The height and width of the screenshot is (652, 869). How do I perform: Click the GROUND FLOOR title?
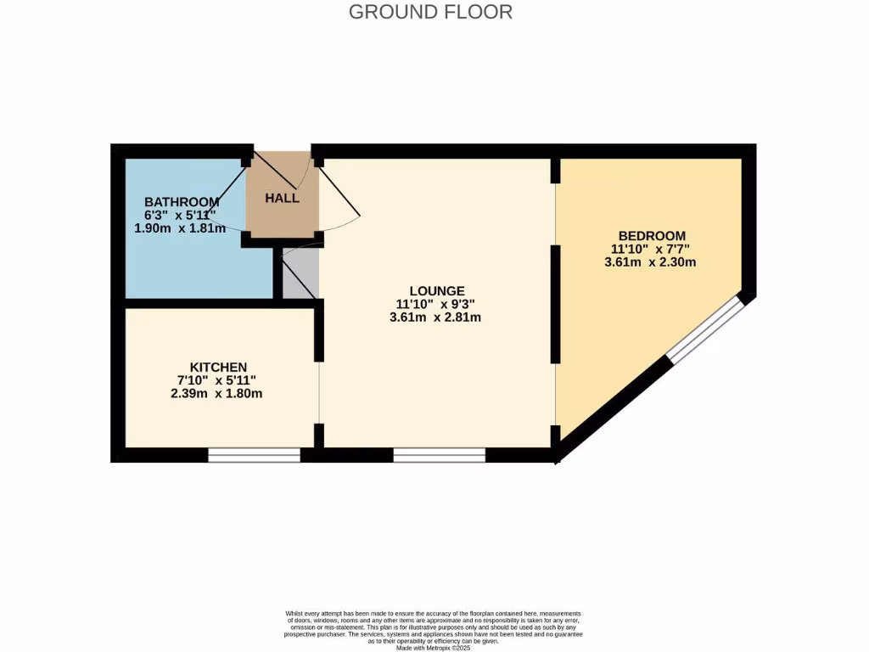click(430, 12)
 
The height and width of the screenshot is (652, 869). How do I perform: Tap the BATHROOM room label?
click(182, 202)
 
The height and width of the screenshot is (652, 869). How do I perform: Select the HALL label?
click(282, 198)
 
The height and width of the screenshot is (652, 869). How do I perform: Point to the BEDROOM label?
click(652, 235)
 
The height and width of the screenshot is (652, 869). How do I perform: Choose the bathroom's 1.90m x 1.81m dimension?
click(180, 228)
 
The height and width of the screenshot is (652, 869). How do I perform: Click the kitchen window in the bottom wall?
click(255, 456)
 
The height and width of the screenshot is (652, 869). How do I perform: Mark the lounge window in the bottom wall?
click(439, 456)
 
